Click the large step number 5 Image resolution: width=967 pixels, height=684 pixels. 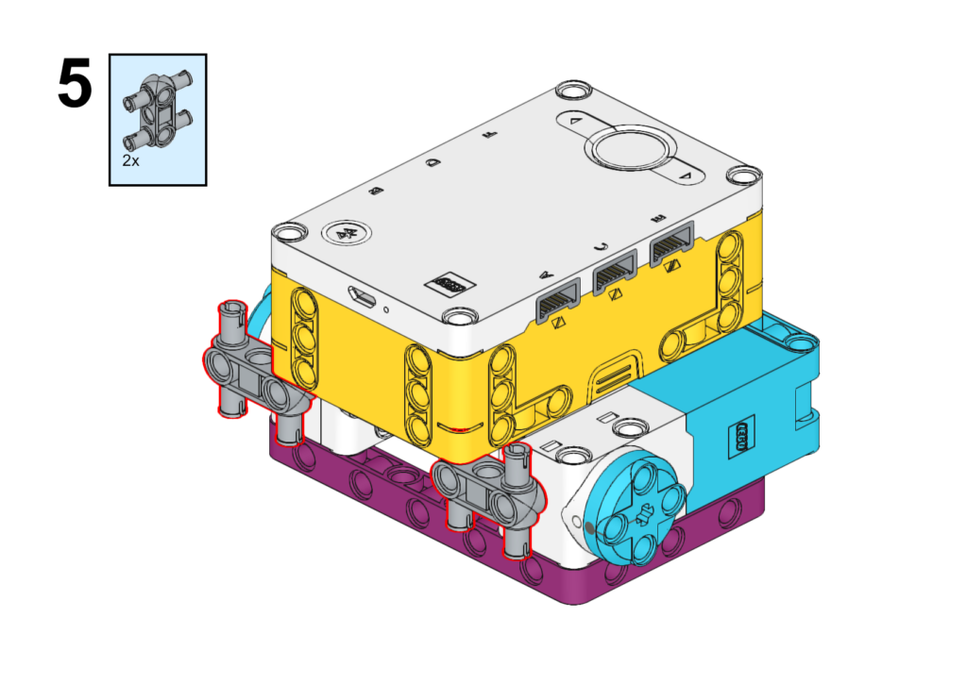[75, 84]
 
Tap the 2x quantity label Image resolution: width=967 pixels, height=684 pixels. [130, 160]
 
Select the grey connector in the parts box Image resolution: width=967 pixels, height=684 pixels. [158, 111]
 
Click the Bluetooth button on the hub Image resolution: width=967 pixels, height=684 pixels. [347, 234]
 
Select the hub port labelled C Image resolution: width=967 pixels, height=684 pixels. [614, 271]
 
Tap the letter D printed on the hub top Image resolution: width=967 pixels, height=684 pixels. [433, 162]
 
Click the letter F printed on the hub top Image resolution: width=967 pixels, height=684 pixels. [490, 133]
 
